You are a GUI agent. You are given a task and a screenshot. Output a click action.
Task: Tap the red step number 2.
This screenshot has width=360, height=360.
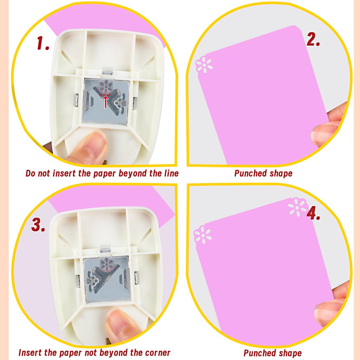[313, 40]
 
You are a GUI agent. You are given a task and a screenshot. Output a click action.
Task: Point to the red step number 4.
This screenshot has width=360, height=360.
[314, 213]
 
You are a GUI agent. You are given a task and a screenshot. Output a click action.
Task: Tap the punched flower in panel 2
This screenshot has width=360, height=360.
[204, 65]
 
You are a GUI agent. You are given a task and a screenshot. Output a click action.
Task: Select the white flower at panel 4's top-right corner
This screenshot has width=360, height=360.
[297, 207]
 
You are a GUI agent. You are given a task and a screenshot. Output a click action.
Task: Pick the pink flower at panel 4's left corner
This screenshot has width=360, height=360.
[204, 235]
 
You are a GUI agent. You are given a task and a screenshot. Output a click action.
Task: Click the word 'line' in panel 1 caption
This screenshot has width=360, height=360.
[170, 173]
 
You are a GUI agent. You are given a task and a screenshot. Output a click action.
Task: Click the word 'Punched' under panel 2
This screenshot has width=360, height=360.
[250, 173]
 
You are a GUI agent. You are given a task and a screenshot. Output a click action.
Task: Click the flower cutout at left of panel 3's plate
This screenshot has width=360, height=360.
[92, 280]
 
